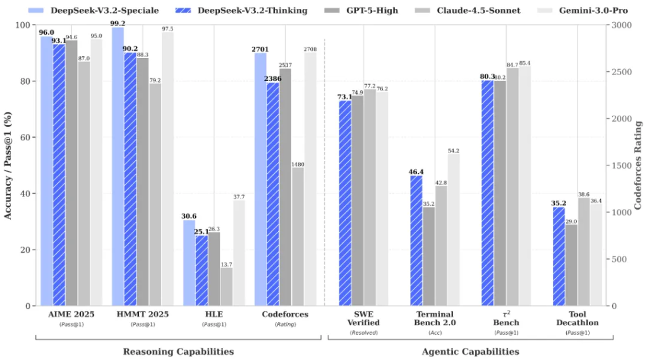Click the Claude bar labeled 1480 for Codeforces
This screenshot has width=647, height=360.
tap(298, 236)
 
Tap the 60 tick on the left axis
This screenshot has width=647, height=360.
tap(28, 138)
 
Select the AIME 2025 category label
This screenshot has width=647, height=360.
tap(71, 314)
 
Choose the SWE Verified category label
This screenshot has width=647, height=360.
tap(364, 318)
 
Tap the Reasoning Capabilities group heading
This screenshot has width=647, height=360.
tap(178, 351)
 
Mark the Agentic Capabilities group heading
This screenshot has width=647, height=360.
tap(470, 351)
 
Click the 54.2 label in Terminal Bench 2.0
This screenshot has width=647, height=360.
tap(453, 150)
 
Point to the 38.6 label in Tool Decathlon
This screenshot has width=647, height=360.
tap(584, 195)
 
